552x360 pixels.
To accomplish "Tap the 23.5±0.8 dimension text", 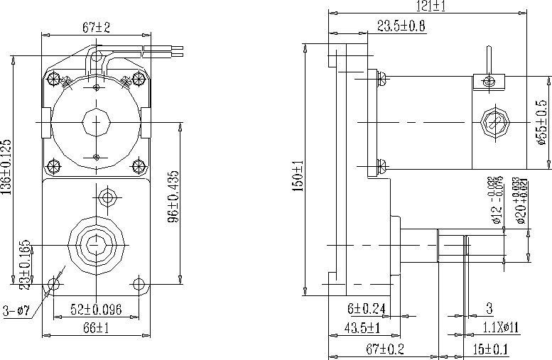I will pos(401,27).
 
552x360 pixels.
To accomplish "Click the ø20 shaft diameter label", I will pos(522,201).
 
